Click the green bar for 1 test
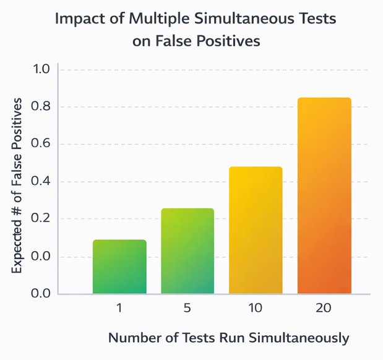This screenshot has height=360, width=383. click(x=119, y=267)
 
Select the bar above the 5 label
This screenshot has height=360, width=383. click(x=187, y=251)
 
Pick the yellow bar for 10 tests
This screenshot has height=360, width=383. click(x=256, y=230)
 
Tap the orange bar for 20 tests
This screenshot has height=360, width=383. click(x=324, y=195)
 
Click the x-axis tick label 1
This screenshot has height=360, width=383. click(x=119, y=308)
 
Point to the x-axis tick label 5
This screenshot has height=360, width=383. click(x=187, y=308)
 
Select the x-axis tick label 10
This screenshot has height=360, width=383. click(x=256, y=308)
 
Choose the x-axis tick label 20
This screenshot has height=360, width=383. click(x=324, y=308)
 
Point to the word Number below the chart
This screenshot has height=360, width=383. click(x=132, y=338)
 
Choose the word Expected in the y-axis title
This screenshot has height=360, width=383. click(x=19, y=245)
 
